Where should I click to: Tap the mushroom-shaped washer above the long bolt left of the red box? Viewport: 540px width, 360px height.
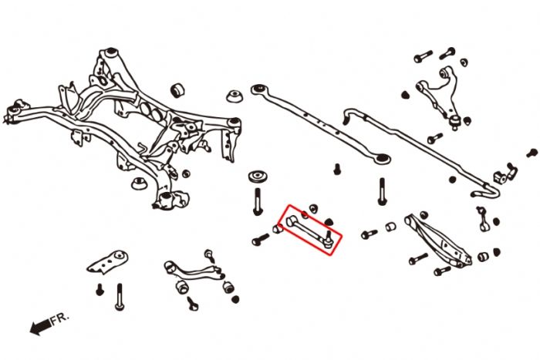[x=257, y=177]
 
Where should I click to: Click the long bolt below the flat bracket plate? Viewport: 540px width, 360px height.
[x=120, y=296]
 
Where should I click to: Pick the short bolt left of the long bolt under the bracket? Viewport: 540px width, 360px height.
[x=100, y=290]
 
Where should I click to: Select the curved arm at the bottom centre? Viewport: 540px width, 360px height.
[x=193, y=274]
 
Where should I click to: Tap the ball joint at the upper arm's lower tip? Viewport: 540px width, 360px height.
[x=456, y=119]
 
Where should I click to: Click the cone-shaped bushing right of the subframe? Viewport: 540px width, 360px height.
[x=234, y=98]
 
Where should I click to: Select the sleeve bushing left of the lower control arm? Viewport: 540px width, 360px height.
[x=390, y=226]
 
